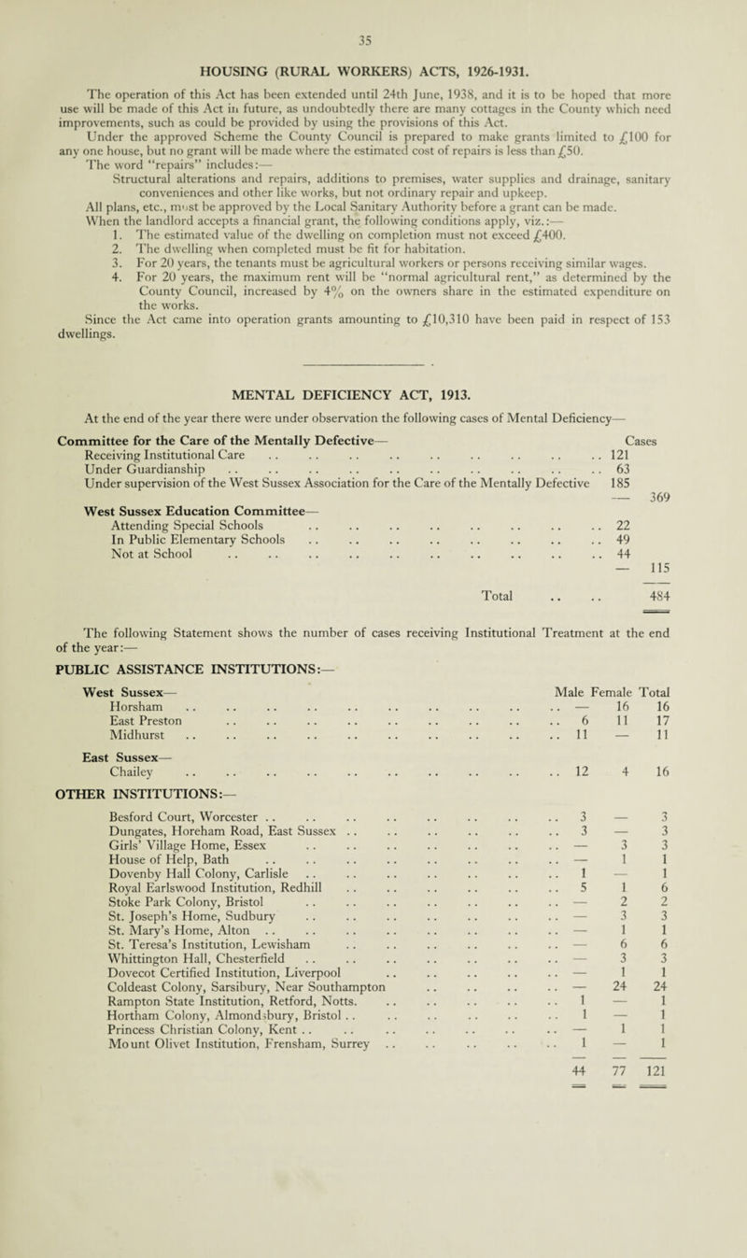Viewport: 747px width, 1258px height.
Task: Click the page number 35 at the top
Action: [x=373, y=15]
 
